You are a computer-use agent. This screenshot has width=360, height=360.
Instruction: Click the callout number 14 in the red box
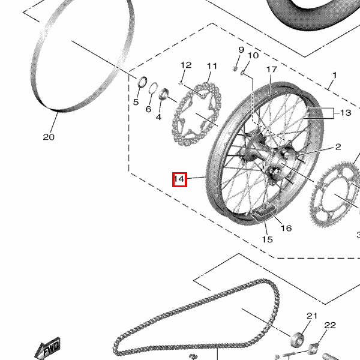(179, 179)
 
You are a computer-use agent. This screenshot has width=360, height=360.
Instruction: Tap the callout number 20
(49, 137)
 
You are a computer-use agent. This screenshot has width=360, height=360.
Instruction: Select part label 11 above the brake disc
(212, 66)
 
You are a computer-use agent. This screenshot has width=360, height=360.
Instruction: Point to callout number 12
(186, 65)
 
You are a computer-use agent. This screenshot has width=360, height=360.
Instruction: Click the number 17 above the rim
(272, 70)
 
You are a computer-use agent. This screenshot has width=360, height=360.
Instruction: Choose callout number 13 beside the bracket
(346, 113)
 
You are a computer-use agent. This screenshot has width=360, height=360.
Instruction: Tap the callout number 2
(338, 147)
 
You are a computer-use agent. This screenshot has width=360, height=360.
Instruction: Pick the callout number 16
(286, 228)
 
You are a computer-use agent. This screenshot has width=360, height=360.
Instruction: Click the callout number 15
(267, 239)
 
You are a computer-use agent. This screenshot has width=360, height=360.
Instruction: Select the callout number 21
(312, 316)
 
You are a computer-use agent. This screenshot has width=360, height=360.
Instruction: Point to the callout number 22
(330, 325)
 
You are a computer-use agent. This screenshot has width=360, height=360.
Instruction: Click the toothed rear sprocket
(335, 194)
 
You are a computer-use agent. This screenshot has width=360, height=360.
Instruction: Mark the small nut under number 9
(235, 68)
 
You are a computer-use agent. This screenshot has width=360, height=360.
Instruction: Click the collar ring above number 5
(142, 82)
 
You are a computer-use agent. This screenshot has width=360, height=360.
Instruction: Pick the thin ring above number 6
(153, 88)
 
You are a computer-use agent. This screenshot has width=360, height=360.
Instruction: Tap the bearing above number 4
(164, 94)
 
